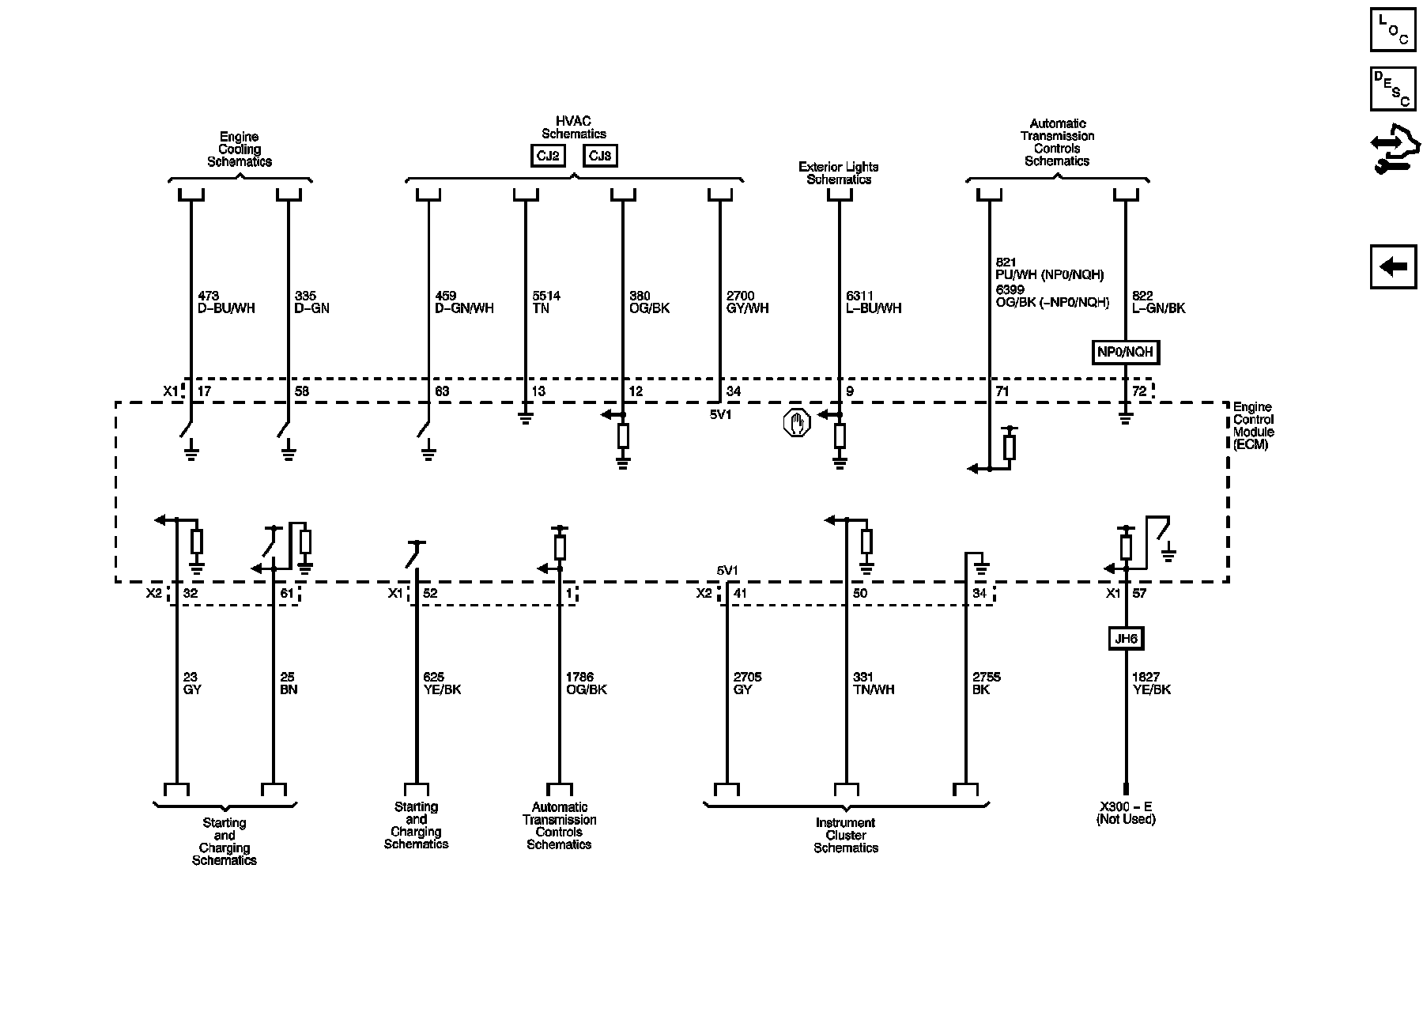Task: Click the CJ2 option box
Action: point(548,156)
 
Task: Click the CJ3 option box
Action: point(600,156)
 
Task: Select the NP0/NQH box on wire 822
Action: point(1126,352)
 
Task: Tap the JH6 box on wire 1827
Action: point(1126,638)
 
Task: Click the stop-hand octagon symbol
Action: point(797,423)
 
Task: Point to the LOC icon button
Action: point(1392,30)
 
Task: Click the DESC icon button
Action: point(1392,89)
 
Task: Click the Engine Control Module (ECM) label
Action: point(1253,425)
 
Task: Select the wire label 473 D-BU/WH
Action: point(226,302)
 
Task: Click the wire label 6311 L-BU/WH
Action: point(873,302)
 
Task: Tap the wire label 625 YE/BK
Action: point(442,683)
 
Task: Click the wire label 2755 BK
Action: point(987,683)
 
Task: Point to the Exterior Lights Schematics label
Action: point(838,173)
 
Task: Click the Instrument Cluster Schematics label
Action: point(846,835)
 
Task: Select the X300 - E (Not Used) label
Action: point(1126,813)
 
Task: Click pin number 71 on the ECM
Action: point(1002,391)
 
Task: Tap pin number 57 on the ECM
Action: point(1138,593)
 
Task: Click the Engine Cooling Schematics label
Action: point(240,149)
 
